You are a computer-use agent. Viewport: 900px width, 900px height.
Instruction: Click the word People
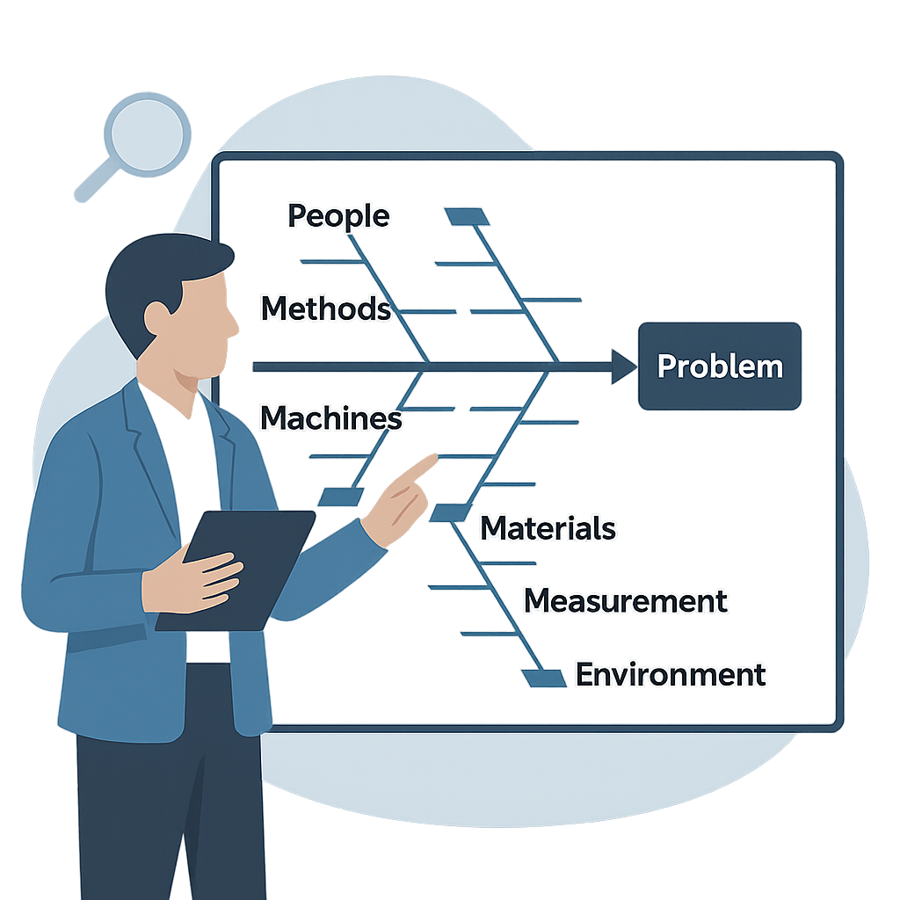[338, 215]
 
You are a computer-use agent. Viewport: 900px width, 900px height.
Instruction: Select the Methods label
[326, 308]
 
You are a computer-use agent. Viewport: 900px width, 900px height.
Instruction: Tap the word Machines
[331, 418]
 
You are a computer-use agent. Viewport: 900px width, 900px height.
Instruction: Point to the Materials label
[548, 528]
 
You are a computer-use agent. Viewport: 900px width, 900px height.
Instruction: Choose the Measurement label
[625, 601]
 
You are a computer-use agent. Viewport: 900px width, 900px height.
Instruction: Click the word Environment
[671, 675]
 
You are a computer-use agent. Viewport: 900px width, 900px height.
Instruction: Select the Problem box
[720, 366]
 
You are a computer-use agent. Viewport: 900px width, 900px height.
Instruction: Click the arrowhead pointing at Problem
[623, 367]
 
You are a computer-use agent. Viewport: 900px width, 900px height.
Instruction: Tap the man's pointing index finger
[419, 466]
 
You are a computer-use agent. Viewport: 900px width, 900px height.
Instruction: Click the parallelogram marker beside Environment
[544, 678]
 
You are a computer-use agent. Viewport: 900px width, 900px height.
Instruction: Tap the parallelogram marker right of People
[467, 216]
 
